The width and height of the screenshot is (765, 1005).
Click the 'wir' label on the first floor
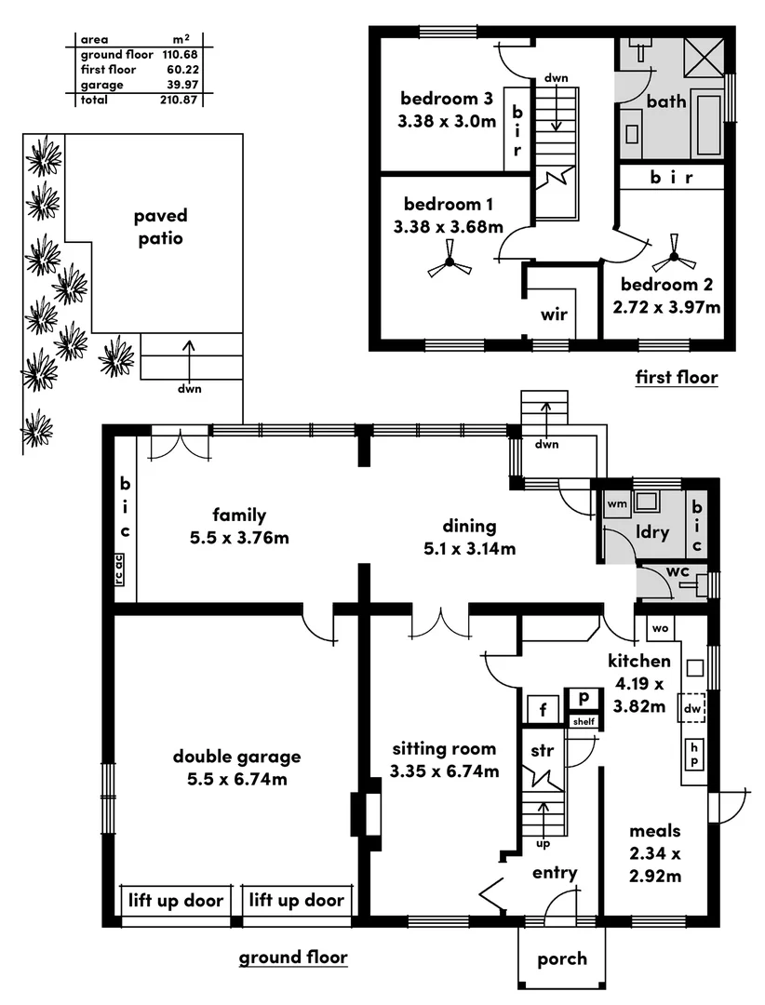(554, 314)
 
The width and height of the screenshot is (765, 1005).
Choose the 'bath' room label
(666, 100)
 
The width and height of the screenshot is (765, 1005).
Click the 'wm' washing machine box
(616, 504)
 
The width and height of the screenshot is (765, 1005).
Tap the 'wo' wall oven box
(660, 628)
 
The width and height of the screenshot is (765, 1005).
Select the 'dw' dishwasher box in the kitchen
(691, 709)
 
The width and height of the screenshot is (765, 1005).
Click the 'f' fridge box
(542, 711)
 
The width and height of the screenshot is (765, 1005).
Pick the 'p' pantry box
(584, 697)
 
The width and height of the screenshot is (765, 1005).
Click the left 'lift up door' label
(177, 900)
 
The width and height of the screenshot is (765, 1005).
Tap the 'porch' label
(562, 958)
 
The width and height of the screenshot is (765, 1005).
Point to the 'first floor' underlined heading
(677, 377)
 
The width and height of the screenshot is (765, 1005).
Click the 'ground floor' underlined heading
(293, 957)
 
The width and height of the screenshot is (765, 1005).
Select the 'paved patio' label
(159, 227)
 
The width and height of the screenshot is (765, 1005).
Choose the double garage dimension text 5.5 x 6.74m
(236, 779)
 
